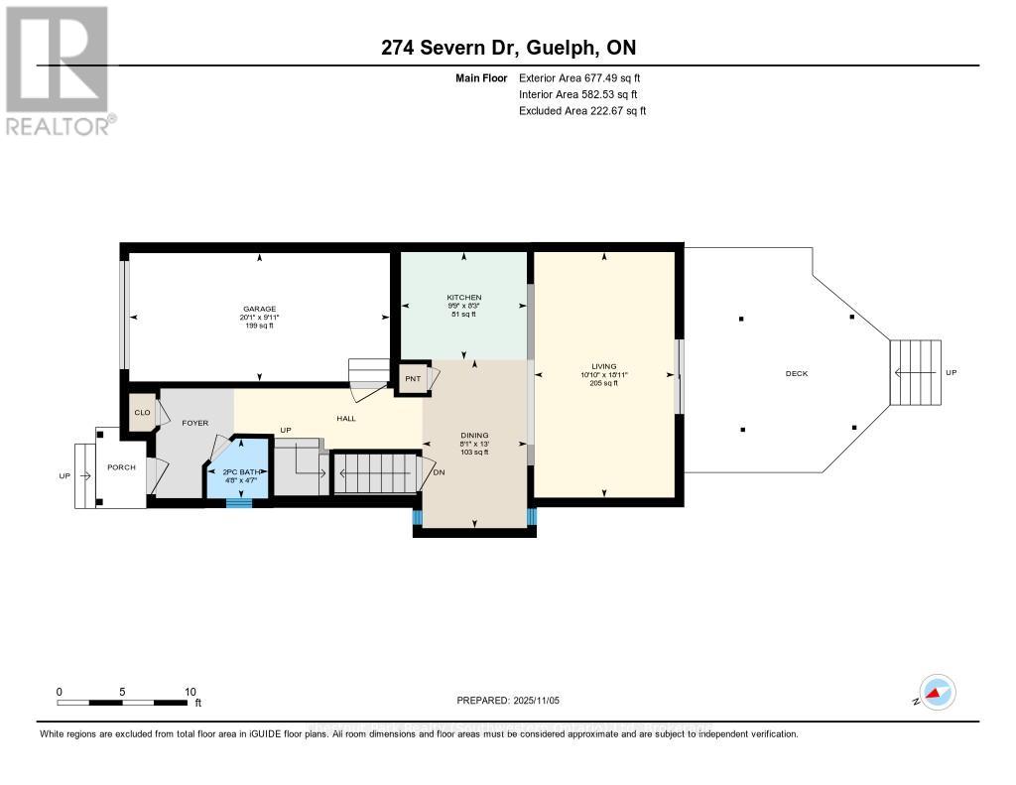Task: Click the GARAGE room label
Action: point(259,309)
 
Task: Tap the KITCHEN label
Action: point(463,298)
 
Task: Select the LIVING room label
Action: point(603,366)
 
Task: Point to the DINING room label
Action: point(475,434)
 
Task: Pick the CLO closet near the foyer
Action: point(142,412)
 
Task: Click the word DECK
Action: point(797,374)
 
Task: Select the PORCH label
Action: point(121,467)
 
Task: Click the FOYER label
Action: point(195,423)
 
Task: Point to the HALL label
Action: point(346,419)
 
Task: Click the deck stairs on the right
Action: point(915,372)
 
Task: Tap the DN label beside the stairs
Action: point(440,472)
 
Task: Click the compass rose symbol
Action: point(937,692)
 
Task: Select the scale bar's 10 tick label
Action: point(190,692)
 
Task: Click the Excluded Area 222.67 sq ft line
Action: point(581,111)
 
